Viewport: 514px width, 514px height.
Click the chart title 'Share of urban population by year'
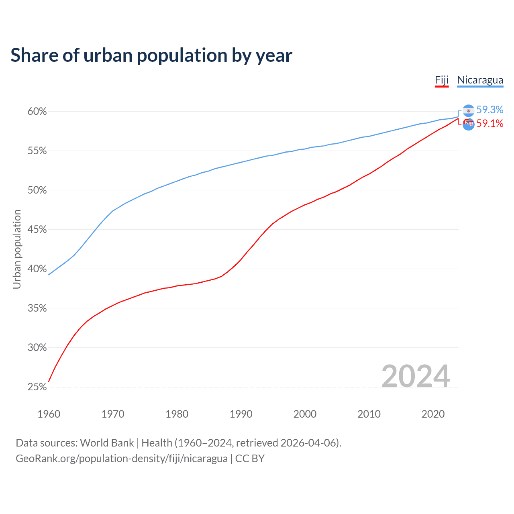click(x=151, y=55)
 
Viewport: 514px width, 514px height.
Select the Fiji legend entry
click(x=441, y=80)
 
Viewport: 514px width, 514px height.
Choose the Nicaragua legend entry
click(x=480, y=80)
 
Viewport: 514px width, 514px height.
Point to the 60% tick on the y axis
click(x=37, y=112)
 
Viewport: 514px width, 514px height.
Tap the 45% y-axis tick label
click(x=37, y=230)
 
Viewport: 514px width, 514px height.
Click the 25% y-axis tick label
click(x=37, y=387)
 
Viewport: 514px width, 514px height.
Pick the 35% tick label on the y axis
click(x=37, y=308)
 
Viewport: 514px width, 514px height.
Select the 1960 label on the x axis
click(x=49, y=414)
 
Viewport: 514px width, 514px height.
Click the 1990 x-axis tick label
click(x=241, y=414)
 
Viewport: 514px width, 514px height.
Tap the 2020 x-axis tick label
click(x=433, y=414)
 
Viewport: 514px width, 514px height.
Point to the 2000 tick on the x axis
click(x=305, y=414)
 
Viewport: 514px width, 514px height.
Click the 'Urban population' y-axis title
click(x=17, y=249)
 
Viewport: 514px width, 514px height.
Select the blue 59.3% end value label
click(x=490, y=110)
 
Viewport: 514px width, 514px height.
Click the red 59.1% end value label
click(x=490, y=124)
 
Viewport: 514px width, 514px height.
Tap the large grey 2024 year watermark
click(x=416, y=376)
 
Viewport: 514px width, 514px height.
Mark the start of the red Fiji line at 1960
click(x=49, y=381)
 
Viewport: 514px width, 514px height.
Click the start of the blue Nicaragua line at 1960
click(x=49, y=274)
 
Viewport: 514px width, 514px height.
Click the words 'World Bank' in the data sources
click(x=107, y=443)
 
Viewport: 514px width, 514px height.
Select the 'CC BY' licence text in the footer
click(x=250, y=459)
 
